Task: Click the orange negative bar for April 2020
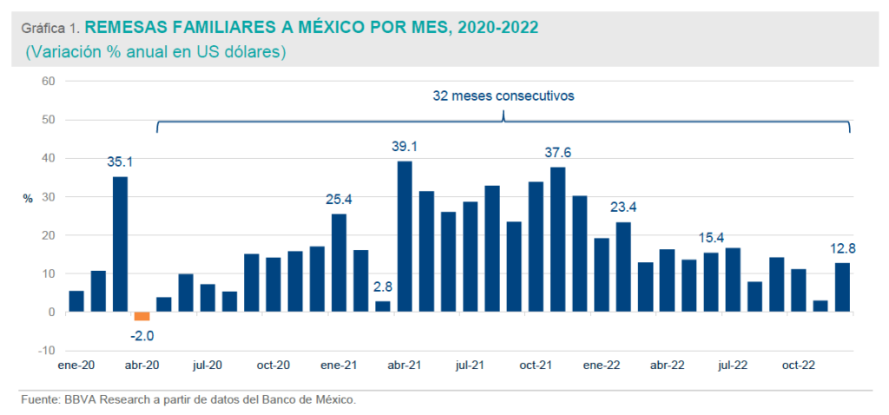point(142,316)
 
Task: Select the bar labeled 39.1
point(405,236)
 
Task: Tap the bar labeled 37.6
point(558,239)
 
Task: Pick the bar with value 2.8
point(382,306)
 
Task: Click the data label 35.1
point(121,161)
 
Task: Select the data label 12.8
point(842,247)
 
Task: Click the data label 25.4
point(339,199)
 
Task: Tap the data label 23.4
point(623,207)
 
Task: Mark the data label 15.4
point(712,237)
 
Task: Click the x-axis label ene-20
point(76,365)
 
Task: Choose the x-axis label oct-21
point(536,365)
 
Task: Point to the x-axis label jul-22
point(734,365)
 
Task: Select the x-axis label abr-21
point(405,365)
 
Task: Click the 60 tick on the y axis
point(48,82)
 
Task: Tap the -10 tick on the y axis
point(46,350)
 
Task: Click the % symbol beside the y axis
point(27,199)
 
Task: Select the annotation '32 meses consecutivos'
point(504,96)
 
